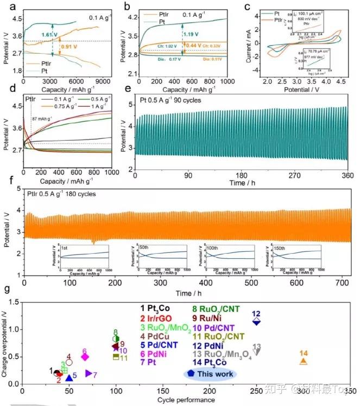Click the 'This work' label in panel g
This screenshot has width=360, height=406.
point(216,374)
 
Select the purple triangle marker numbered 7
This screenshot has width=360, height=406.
point(89,373)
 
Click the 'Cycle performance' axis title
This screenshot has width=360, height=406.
point(182,399)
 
